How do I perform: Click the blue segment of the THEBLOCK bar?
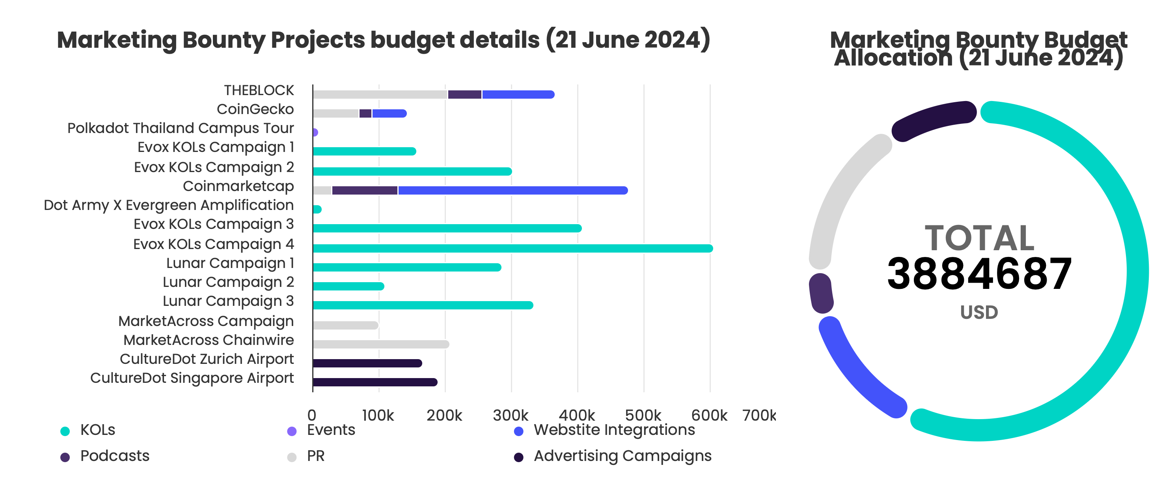tap(518, 94)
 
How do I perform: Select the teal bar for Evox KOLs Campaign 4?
tap(513, 248)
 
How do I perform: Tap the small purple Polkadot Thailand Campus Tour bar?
tap(315, 132)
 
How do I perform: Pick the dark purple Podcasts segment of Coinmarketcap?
tap(365, 190)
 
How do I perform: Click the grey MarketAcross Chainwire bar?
tap(380, 344)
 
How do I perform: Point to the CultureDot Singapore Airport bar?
tap(375, 382)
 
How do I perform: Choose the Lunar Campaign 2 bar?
tap(348, 286)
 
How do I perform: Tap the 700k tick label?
tap(759, 415)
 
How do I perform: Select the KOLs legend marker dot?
tap(65, 431)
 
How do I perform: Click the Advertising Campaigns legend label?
tap(622, 456)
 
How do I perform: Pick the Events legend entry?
tap(330, 430)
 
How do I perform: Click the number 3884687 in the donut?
tap(979, 274)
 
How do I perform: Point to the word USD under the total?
tap(979, 312)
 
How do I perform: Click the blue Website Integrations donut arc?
tap(853, 371)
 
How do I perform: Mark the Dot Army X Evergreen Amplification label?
tap(168, 205)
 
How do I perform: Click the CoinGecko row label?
tap(255, 109)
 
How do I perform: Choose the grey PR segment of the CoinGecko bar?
tap(335, 113)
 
